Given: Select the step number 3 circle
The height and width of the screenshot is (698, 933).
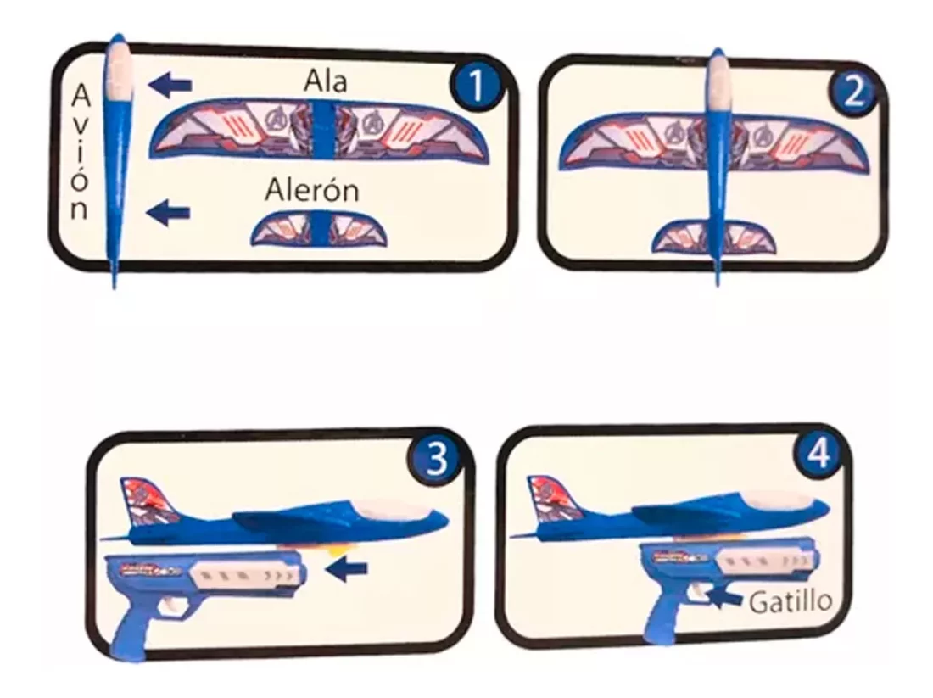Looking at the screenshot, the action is click(437, 458).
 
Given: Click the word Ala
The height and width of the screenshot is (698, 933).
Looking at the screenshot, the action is click(325, 81).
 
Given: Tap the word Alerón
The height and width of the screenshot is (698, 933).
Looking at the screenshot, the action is click(312, 191).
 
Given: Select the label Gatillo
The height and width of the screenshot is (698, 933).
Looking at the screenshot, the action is click(791, 601).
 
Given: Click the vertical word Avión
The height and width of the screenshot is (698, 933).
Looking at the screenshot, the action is click(81, 152).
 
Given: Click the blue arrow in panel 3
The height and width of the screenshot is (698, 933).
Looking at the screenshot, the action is click(347, 569).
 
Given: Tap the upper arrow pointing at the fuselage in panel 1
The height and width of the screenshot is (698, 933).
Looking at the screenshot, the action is click(170, 85).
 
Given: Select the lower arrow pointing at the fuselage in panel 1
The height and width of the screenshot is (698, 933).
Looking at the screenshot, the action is click(169, 212).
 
